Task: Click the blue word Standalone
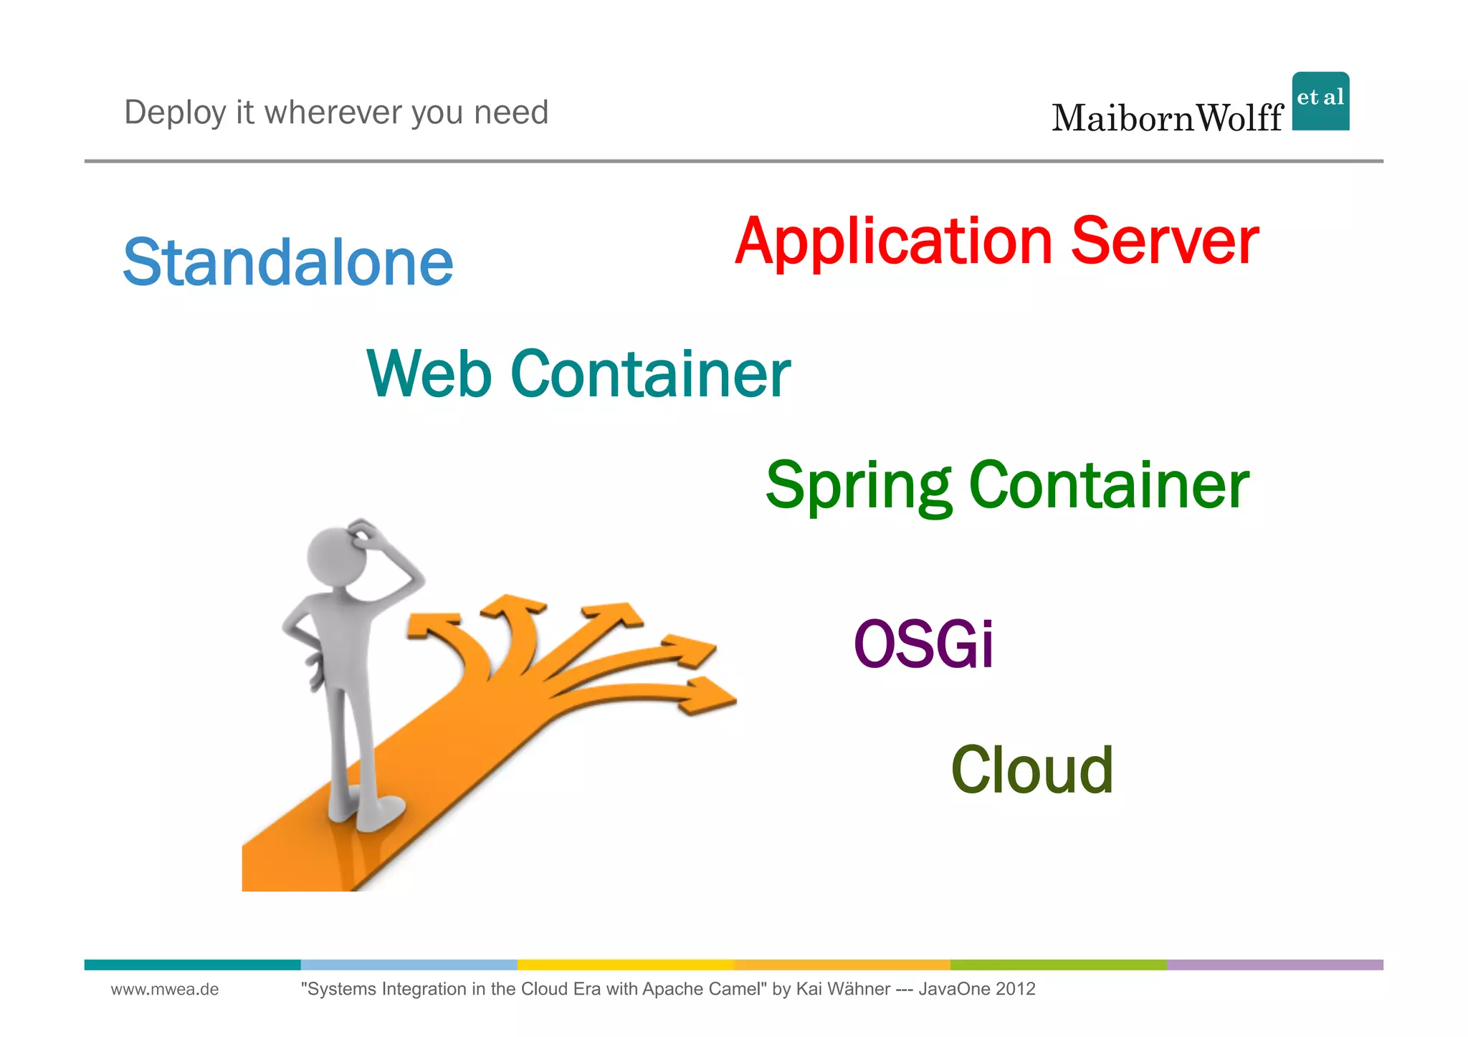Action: click(x=288, y=262)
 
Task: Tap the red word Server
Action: click(x=1164, y=241)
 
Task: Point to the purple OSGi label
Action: click(x=923, y=644)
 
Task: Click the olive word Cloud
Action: click(x=1031, y=770)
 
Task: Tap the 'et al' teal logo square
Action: click(x=1320, y=101)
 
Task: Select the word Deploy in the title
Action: click(x=175, y=113)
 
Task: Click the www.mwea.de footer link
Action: click(x=165, y=990)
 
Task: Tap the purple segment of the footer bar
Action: click(x=1274, y=965)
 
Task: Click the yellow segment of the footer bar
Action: click(x=625, y=965)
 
